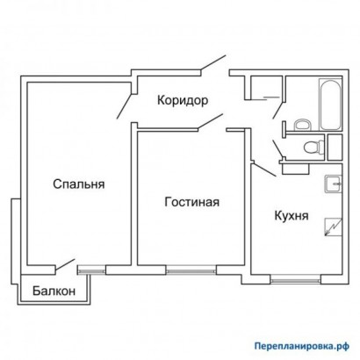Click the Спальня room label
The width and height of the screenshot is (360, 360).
click(79, 184)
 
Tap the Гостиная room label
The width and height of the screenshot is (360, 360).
click(191, 202)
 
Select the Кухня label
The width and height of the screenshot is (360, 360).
click(291, 214)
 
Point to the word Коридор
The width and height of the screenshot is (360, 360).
click(183, 100)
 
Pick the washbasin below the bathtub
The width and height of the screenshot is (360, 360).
click(300, 123)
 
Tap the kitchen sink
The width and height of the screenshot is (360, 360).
click(331, 184)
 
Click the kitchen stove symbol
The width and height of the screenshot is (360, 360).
click(332, 226)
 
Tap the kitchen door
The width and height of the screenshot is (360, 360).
click(263, 166)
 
